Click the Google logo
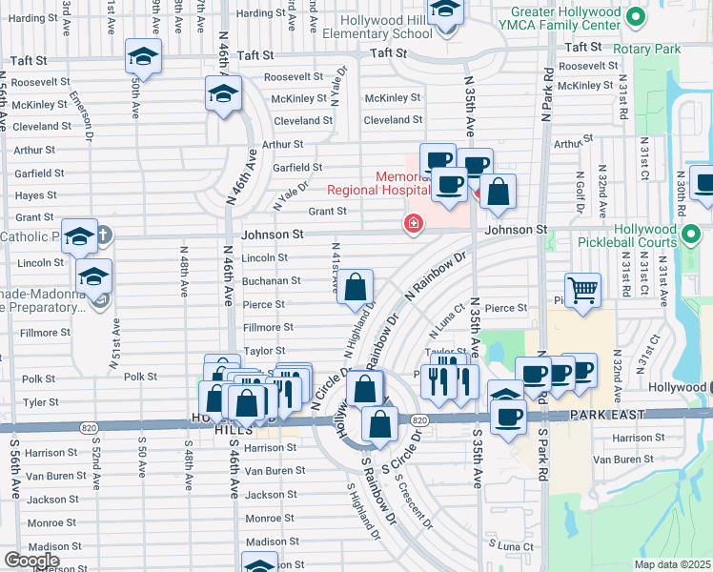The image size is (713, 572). [x=31, y=560]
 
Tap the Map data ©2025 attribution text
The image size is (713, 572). [x=671, y=564]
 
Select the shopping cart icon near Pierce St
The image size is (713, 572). [x=582, y=288]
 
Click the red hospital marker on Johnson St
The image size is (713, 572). [x=413, y=224]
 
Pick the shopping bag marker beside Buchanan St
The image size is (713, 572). [x=355, y=286]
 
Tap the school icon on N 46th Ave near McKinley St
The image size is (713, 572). [x=223, y=93]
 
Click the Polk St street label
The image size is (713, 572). [x=139, y=378]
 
